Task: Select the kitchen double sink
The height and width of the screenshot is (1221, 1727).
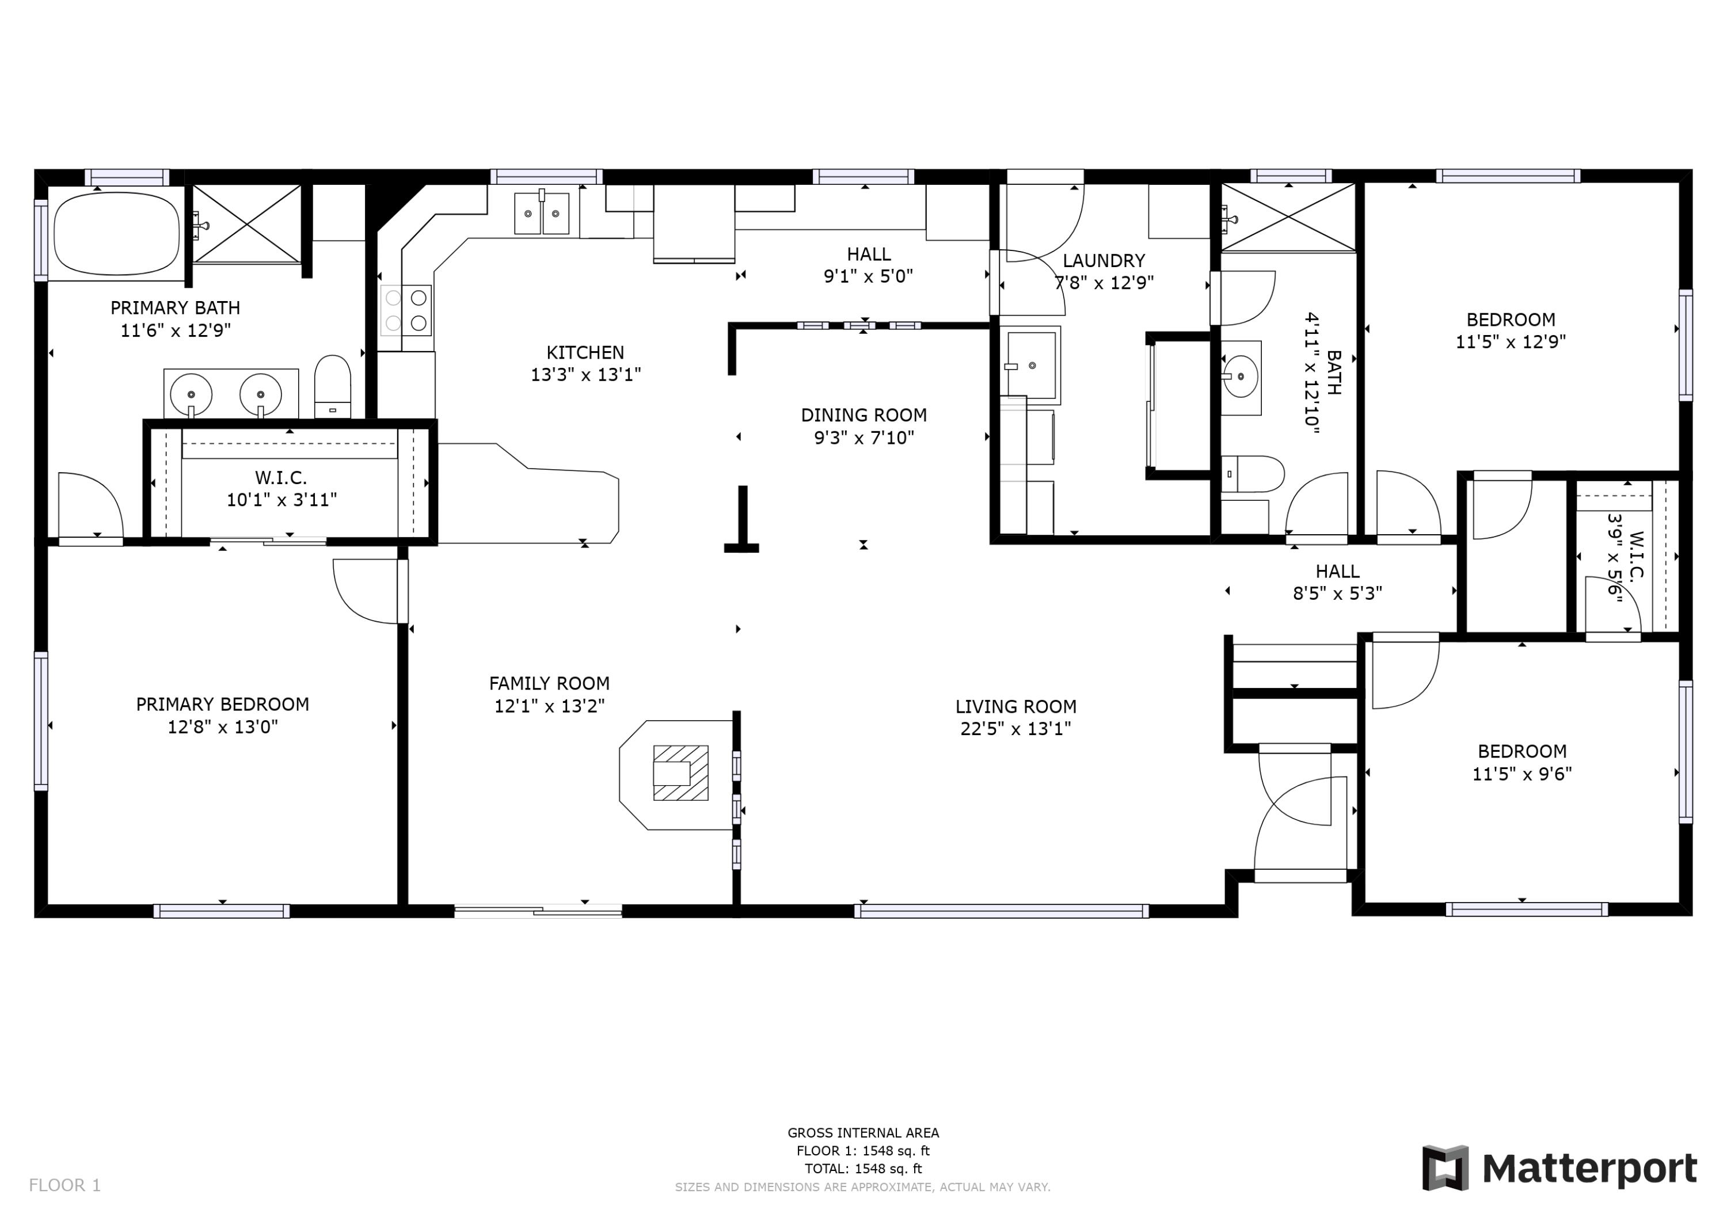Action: (x=542, y=214)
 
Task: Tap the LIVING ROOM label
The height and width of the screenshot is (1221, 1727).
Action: (x=1015, y=706)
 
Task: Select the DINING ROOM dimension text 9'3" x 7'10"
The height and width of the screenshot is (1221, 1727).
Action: (x=863, y=437)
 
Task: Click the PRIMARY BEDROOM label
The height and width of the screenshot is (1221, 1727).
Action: (x=223, y=704)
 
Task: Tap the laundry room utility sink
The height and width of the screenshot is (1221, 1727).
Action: (x=1030, y=366)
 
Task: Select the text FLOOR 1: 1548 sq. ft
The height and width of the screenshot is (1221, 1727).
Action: (x=863, y=1150)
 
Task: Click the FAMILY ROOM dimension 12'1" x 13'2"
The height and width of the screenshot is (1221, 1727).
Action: (x=549, y=706)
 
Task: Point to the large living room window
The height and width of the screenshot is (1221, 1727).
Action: (x=1001, y=911)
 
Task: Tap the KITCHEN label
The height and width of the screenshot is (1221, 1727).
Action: (x=585, y=352)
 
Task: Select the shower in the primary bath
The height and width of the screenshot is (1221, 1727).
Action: (x=248, y=223)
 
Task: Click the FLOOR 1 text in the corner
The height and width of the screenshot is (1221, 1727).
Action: (x=64, y=1186)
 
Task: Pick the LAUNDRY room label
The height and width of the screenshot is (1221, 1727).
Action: (x=1104, y=260)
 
